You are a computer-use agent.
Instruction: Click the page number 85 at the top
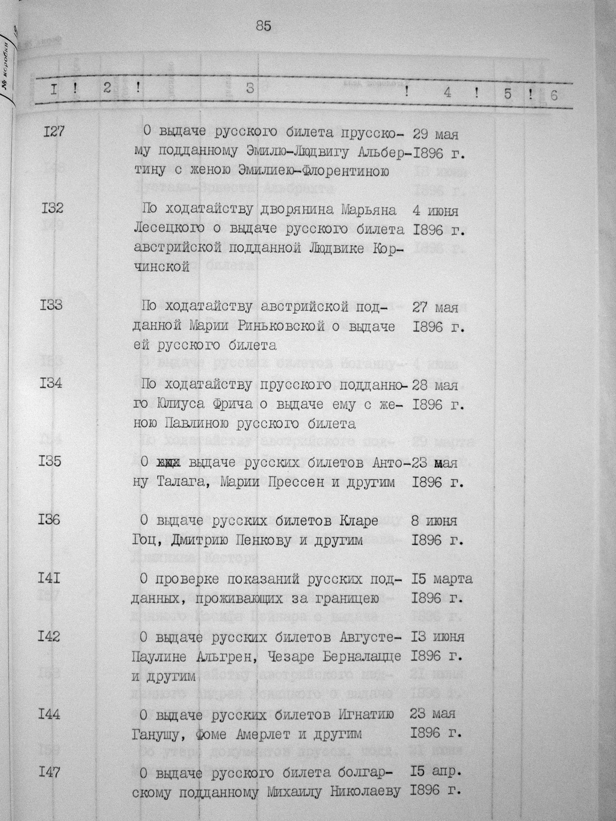[x=263, y=25]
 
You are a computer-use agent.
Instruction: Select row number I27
[x=54, y=131]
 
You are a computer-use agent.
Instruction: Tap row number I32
[x=54, y=209]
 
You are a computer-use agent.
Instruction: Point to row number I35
[x=54, y=462]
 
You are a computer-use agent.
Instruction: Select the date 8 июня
[x=435, y=520]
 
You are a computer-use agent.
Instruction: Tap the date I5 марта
[x=442, y=579]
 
